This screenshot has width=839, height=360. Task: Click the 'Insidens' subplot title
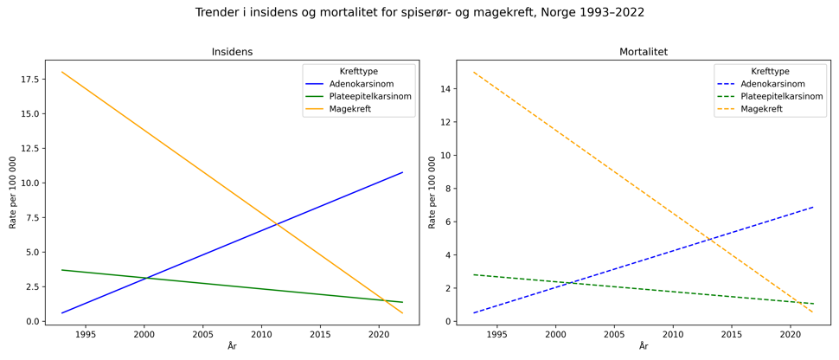[232, 52]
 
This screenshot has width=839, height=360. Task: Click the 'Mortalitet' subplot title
[643, 52]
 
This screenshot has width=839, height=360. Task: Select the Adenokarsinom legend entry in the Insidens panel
[362, 84]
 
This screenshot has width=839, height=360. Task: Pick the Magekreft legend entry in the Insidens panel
[350, 109]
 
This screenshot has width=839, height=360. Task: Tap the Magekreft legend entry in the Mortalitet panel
[761, 109]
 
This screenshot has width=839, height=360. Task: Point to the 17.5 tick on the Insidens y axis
[28, 79]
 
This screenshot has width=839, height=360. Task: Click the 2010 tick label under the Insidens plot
[261, 334]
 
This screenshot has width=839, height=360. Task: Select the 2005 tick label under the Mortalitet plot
[614, 334]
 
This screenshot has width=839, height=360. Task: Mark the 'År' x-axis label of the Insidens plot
[232, 347]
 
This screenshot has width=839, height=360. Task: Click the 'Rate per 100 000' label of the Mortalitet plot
[432, 192]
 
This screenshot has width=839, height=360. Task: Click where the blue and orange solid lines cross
[276, 224]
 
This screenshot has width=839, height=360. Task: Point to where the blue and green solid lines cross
[146, 278]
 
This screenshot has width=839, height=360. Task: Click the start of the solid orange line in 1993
[62, 72]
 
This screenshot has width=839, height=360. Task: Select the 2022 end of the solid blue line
[402, 172]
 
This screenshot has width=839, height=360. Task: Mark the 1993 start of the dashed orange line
[473, 72]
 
